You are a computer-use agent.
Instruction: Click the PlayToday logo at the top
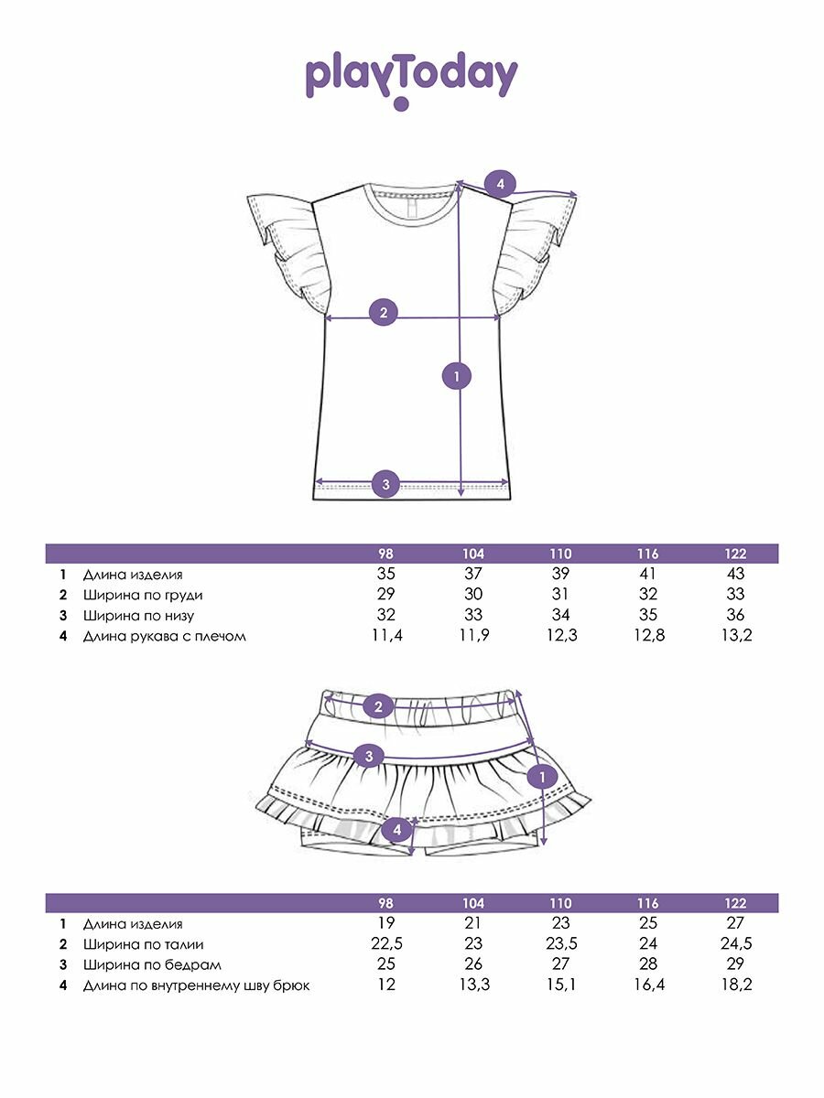coord(411,79)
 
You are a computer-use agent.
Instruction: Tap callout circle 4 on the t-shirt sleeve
coord(500,185)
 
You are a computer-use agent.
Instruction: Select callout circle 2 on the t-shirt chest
coord(384,312)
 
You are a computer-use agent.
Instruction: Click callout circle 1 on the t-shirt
coord(456,375)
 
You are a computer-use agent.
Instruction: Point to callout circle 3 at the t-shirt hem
coord(386,484)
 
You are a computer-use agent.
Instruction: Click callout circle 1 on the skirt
coord(543,778)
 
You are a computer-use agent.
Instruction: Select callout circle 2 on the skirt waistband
coord(377,706)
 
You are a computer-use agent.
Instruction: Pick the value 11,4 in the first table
coord(385,635)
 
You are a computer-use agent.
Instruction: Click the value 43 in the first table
coord(734,574)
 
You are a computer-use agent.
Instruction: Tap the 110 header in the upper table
coord(560,554)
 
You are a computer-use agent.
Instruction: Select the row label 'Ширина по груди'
coord(143,595)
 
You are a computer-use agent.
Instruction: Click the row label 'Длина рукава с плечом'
coord(165,636)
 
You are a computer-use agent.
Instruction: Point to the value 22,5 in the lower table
coord(385,944)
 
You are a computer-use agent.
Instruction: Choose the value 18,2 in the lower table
coord(734,985)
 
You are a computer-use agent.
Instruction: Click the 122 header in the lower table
coord(734,903)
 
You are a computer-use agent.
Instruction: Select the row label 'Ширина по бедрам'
coord(152,964)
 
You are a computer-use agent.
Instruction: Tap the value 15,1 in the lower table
coord(560,985)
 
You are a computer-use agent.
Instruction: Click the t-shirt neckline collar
coord(411,195)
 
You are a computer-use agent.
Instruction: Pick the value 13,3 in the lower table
coord(473,985)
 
